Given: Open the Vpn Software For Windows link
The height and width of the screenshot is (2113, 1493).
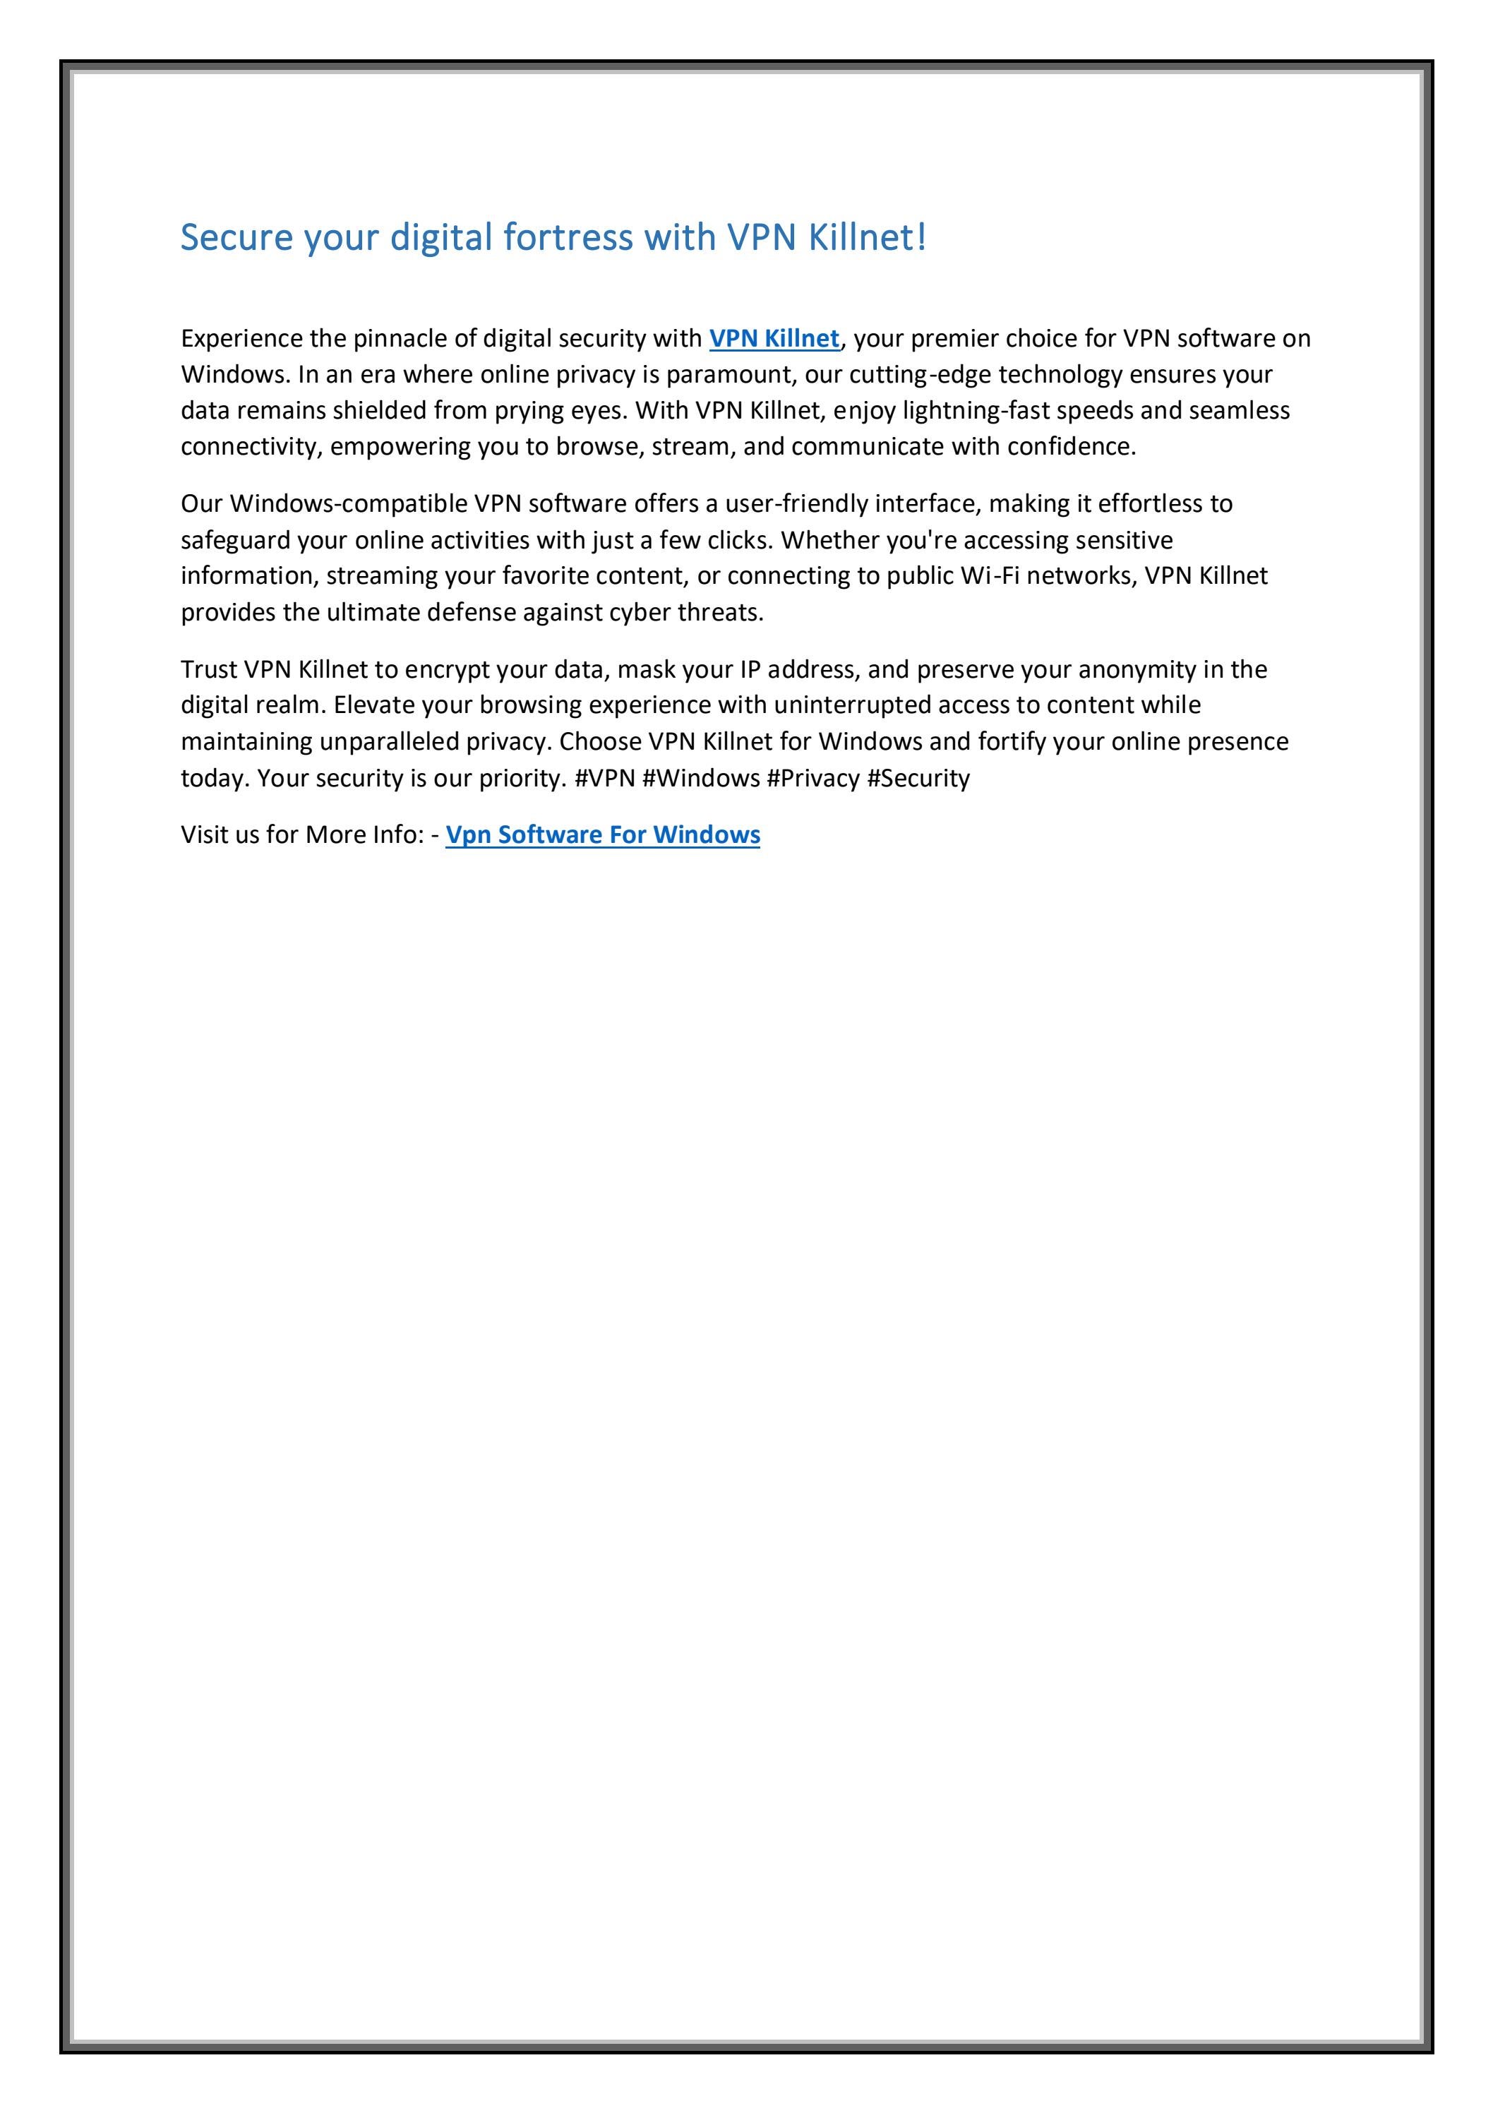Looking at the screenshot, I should point(602,834).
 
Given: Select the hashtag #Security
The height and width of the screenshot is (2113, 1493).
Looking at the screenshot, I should point(918,779).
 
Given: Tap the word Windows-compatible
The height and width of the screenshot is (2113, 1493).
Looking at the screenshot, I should point(348,504).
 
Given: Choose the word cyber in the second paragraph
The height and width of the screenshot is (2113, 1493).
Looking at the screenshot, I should point(639,613).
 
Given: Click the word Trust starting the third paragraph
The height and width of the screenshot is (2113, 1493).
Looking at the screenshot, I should point(209,670).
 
